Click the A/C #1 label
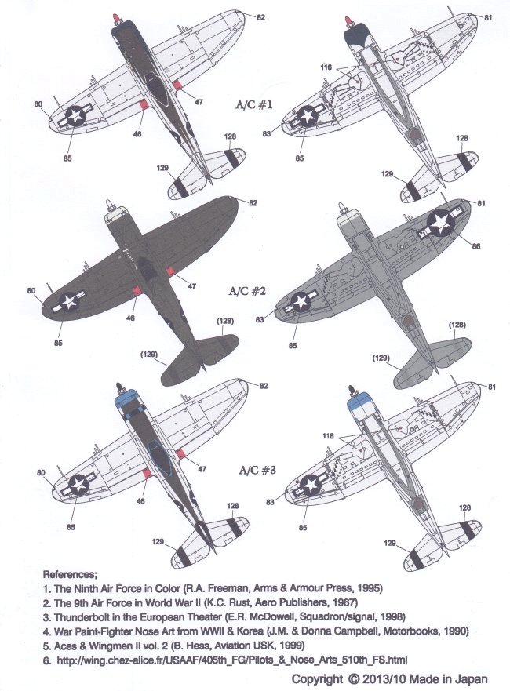pyautogui.click(x=254, y=105)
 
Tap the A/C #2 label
pyautogui.click(x=247, y=291)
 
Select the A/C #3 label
pyautogui.click(x=257, y=471)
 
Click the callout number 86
pyautogui.click(x=475, y=246)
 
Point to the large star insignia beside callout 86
pyautogui.click(x=441, y=223)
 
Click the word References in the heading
pyautogui.click(x=69, y=575)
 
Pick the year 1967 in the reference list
pyautogui.click(x=347, y=602)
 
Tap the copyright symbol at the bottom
pyautogui.click(x=353, y=679)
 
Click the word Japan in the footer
pyautogui.click(x=473, y=679)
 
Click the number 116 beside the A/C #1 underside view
pyautogui.click(x=326, y=67)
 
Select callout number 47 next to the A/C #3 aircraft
pyautogui.click(x=202, y=469)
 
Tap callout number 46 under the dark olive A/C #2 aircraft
pyautogui.click(x=130, y=318)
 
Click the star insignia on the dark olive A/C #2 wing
pyautogui.click(x=69, y=302)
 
